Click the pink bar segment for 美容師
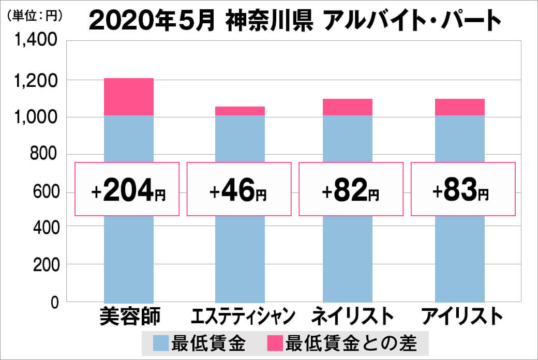click(x=128, y=97)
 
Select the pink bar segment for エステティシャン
click(x=240, y=111)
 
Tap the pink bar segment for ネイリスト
click(x=347, y=107)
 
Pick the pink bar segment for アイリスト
click(x=459, y=107)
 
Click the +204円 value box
click(x=127, y=189)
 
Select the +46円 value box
click(x=239, y=189)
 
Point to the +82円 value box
click(x=351, y=189)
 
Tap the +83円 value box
click(x=463, y=189)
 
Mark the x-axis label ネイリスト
click(x=349, y=316)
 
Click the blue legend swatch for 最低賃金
click(x=161, y=343)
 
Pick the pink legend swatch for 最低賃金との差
click(x=275, y=343)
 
